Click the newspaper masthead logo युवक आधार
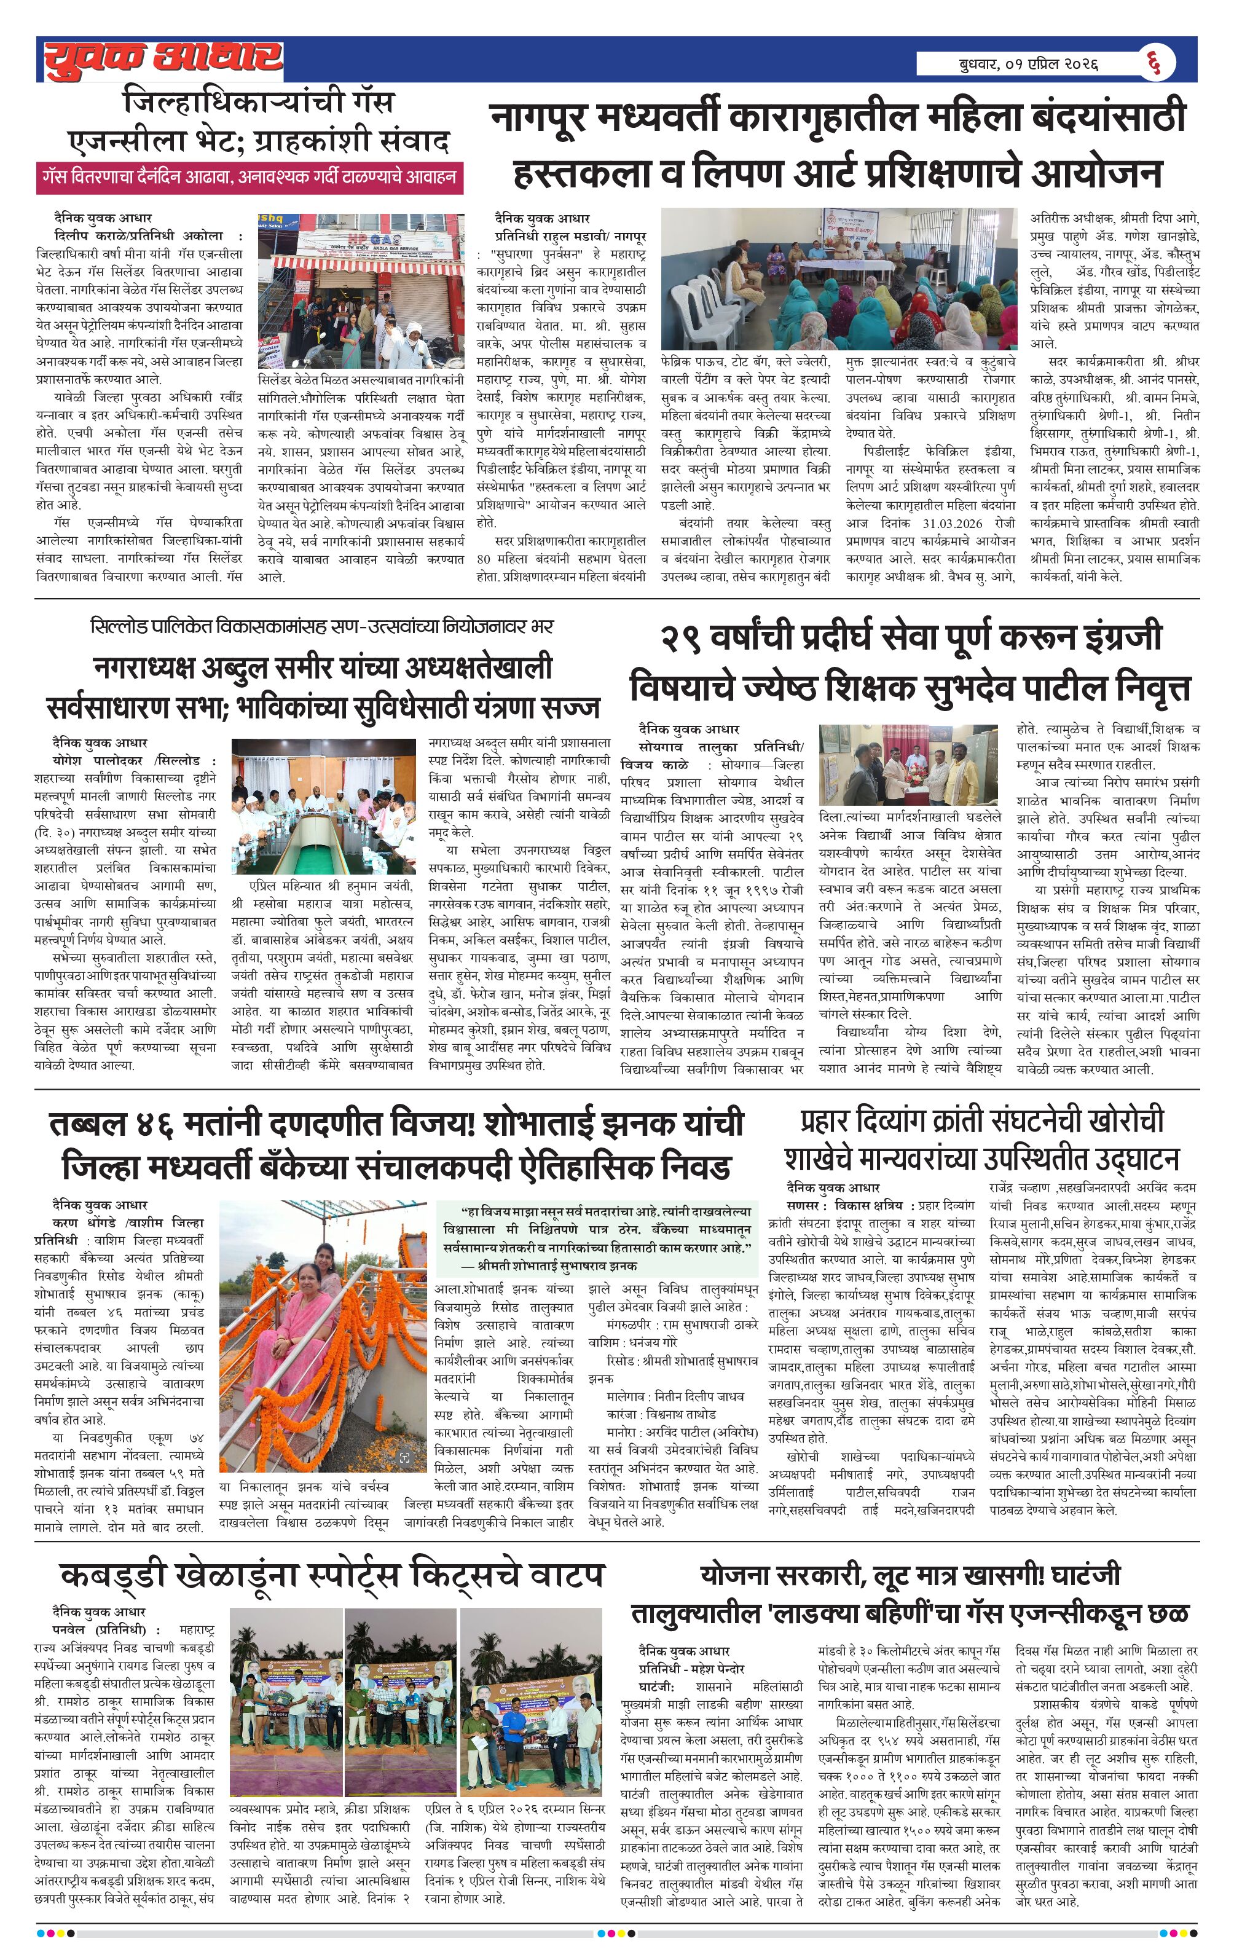point(163,60)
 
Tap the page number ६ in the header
point(1155,63)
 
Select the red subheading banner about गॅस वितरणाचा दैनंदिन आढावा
point(250,176)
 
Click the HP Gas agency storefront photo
point(361,291)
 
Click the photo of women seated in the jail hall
point(838,278)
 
